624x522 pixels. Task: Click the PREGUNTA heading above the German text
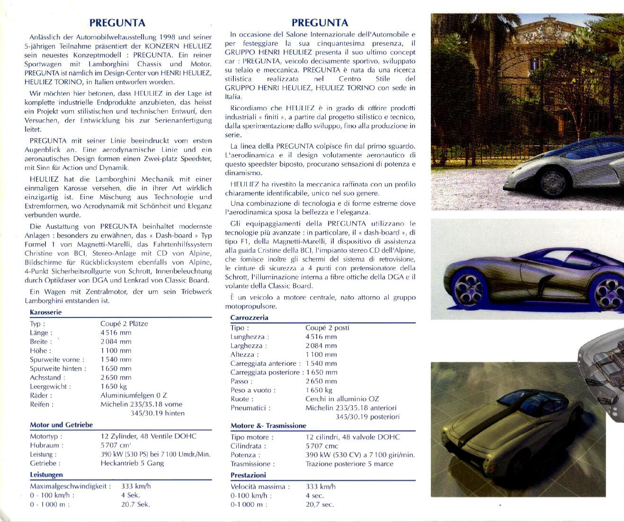click(117, 22)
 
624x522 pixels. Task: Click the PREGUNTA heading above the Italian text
click(320, 22)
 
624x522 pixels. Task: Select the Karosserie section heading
click(45, 312)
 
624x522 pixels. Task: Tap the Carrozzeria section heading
click(249, 318)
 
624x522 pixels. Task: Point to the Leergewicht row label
click(50, 386)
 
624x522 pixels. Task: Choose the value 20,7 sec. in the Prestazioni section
click(320, 504)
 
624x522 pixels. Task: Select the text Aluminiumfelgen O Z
click(134, 395)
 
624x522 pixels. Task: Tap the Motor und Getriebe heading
click(61, 425)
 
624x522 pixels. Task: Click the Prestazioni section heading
click(248, 475)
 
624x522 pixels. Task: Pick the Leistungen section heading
click(46, 475)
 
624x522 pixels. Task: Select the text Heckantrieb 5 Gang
click(132, 463)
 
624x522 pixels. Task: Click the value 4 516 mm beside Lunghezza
click(321, 337)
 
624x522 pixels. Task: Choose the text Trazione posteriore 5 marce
click(349, 464)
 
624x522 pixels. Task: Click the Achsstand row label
click(47, 377)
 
